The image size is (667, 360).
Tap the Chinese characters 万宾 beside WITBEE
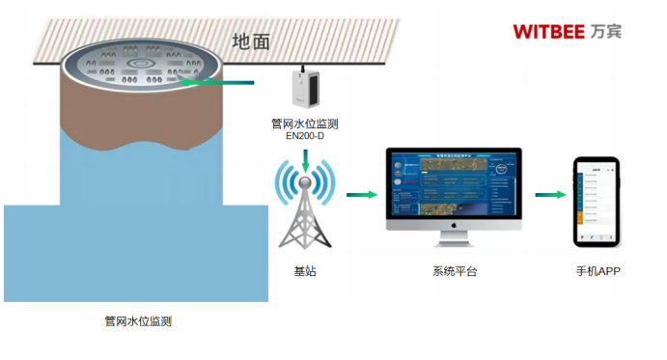(x=607, y=31)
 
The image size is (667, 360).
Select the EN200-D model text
(x=305, y=137)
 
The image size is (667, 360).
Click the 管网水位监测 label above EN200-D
(x=305, y=124)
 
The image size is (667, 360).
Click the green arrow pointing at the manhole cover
(x=217, y=83)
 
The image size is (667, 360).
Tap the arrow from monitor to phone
(x=549, y=195)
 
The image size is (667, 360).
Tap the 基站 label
(x=305, y=272)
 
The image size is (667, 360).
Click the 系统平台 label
(x=454, y=272)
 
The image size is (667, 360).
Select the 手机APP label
(x=598, y=272)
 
